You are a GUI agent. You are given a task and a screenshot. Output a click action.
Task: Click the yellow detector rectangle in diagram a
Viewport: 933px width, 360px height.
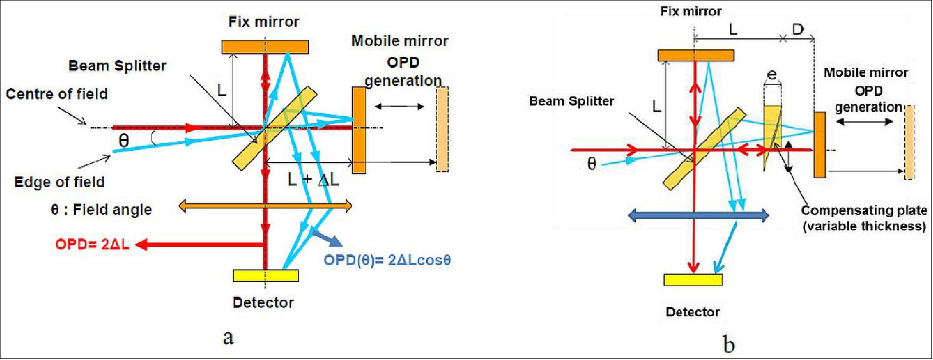[x=266, y=276]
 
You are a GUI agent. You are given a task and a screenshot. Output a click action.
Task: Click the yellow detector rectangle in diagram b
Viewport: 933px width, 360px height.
[x=693, y=280]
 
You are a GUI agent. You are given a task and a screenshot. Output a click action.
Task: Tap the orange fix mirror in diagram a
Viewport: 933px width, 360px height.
[x=265, y=47]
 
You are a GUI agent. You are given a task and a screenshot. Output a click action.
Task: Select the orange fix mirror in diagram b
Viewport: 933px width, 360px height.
[x=696, y=55]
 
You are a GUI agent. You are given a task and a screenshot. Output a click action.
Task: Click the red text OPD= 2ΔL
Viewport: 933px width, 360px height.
[x=92, y=244]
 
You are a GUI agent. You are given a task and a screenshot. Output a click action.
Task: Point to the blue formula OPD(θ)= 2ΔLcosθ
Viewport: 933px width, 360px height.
[x=387, y=260]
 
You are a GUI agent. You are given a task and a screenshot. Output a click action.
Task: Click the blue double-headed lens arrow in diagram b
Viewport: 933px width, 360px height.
[x=699, y=215]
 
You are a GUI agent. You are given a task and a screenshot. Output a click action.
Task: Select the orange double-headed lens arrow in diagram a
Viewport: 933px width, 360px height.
[x=265, y=206]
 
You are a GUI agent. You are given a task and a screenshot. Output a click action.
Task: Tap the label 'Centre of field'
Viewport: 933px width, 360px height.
[x=57, y=94]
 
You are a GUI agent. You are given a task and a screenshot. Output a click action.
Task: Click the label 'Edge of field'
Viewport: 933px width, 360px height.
[x=59, y=182]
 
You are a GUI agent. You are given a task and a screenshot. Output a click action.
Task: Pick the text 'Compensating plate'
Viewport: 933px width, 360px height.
[x=864, y=211]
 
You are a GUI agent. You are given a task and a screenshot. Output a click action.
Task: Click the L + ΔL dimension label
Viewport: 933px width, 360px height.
[x=313, y=180]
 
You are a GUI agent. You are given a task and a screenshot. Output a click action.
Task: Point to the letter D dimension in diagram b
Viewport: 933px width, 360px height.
[x=798, y=29]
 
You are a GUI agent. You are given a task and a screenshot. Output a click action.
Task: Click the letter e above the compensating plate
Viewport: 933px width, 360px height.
[x=771, y=75]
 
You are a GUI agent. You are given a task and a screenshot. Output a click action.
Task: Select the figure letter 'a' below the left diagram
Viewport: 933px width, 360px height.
[x=228, y=337]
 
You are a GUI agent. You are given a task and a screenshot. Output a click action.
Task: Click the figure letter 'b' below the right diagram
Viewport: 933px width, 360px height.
[x=729, y=345]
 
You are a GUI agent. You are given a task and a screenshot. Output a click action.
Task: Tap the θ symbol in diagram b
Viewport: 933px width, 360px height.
[x=591, y=164]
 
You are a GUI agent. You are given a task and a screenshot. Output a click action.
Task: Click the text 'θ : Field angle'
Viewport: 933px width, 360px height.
[x=101, y=210]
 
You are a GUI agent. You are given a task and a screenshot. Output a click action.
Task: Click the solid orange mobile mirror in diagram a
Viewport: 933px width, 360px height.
[x=359, y=130]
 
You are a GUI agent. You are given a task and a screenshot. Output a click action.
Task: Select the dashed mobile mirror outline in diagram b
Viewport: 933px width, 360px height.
[x=909, y=142]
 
